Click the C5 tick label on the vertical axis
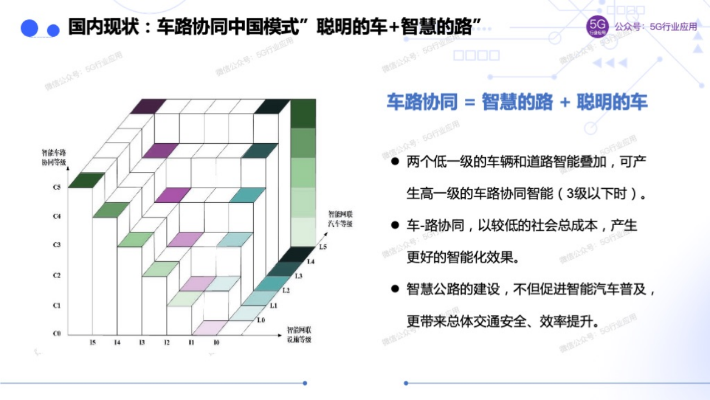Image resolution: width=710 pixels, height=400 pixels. pos(57,188)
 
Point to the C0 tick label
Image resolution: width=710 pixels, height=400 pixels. pos(57,334)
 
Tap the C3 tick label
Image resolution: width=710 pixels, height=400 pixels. pos(57,245)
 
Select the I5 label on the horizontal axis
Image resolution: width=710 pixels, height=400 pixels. pos(92,342)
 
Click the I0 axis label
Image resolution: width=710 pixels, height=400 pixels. pos(216,342)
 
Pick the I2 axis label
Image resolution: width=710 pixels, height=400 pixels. pos(166,342)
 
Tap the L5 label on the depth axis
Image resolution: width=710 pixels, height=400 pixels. pos(323,246)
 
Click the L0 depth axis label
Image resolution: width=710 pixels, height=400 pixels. pos(261,320)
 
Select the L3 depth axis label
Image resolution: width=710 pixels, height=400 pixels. pos(298,276)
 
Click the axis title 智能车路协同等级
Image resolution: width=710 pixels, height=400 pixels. pos(53,157)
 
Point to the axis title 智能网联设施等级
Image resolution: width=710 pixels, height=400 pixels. pos(299,334)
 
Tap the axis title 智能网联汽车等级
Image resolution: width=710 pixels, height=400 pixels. pos(341,218)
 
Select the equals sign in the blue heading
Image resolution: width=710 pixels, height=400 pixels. pos(469,103)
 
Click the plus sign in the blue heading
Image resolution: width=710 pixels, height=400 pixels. pos(565,103)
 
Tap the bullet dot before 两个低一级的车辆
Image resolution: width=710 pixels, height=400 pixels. pos(395,162)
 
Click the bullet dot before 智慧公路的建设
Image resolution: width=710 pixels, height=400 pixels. pos(395,289)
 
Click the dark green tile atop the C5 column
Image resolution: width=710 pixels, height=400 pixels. pos(86,181)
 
